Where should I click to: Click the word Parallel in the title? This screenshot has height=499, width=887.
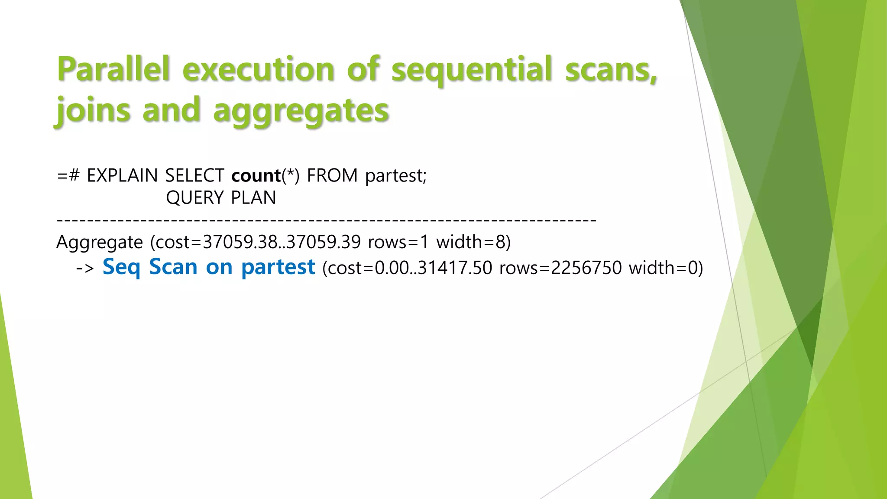pos(113,69)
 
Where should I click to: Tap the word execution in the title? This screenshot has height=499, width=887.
pos(259,69)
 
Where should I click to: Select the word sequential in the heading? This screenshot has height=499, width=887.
pos(472,69)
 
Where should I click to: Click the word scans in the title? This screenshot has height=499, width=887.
pos(611,69)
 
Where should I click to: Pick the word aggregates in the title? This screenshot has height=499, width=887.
pos(301,110)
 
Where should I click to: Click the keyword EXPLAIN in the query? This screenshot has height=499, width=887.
pos(122,175)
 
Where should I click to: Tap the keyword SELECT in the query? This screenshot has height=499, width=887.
pos(194,175)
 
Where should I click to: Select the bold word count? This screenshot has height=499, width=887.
pos(256,175)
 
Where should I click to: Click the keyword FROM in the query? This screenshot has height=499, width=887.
pos(332,175)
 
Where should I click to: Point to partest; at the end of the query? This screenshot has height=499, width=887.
pos(396,175)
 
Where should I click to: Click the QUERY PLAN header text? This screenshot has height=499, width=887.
pos(221,198)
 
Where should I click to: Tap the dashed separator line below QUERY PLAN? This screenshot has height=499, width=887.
pos(327,220)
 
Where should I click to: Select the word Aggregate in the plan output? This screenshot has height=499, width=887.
pos(100,242)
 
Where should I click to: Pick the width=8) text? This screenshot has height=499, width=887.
pos(473,242)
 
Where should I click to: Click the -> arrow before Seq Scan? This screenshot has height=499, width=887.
pos(85,268)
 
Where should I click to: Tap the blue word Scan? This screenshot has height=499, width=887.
pos(173,267)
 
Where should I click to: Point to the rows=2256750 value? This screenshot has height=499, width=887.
pos(560,268)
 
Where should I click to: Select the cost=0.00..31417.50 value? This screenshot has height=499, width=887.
pos(407,268)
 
